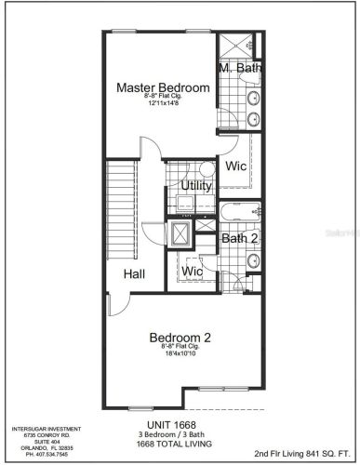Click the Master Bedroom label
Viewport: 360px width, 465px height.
pos(163,87)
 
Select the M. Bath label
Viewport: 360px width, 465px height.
pos(239,69)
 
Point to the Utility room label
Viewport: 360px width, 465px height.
pos(196,185)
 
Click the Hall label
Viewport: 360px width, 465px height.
pos(135,274)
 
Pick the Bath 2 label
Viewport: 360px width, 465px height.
pos(238,238)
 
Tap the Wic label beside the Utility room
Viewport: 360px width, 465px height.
pos(234,167)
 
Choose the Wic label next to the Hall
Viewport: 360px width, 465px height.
pos(193,271)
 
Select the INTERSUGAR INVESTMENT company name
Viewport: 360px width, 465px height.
pos(38,429)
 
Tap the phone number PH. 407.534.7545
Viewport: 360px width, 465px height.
pos(38,455)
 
